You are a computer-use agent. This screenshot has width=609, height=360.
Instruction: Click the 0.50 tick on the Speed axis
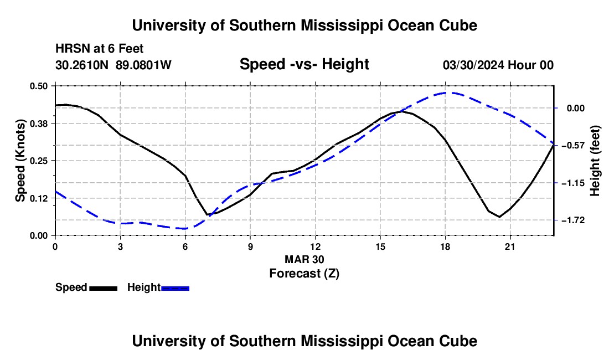[38, 86]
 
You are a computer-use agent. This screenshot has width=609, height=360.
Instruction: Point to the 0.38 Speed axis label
[38, 124]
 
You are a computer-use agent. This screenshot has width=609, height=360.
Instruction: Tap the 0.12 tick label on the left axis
[38, 198]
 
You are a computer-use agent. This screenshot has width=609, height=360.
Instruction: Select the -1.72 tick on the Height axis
[573, 220]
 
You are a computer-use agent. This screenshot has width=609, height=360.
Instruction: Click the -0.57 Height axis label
[573, 146]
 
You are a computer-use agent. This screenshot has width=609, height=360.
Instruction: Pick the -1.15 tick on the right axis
[573, 183]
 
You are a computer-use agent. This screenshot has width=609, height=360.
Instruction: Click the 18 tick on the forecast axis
[445, 246]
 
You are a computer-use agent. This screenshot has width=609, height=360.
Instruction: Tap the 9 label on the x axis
[250, 246]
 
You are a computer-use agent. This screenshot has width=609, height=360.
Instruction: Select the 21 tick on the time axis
[510, 246]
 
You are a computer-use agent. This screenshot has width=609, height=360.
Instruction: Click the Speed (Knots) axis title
[20, 161]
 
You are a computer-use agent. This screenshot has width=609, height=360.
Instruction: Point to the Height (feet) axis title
[595, 161]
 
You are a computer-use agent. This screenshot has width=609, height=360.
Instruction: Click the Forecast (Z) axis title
[304, 274]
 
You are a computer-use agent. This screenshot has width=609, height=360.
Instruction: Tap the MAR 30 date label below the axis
[304, 259]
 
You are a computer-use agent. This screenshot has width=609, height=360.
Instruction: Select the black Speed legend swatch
[104, 289]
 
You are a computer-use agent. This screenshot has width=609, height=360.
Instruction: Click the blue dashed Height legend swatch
[175, 289]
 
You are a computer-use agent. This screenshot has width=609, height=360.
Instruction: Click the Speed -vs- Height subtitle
[304, 64]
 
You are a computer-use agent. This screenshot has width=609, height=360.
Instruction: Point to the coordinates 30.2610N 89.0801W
[113, 65]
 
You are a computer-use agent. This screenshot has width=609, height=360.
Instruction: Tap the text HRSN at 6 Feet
[100, 49]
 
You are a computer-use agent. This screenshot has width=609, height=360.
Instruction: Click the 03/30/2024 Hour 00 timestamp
[498, 65]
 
